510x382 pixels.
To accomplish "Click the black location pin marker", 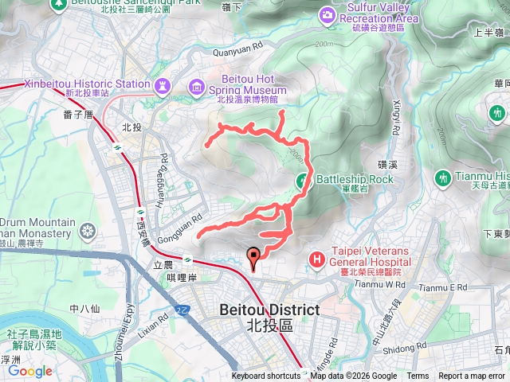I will click(x=254, y=258).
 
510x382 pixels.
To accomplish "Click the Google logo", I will click(x=30, y=371).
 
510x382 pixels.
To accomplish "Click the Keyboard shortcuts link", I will click(x=266, y=376).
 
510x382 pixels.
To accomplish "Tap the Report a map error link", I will click(x=473, y=376).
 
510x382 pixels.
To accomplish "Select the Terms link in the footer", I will click(x=418, y=376).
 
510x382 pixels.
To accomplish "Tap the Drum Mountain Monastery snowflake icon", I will click(x=88, y=232).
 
